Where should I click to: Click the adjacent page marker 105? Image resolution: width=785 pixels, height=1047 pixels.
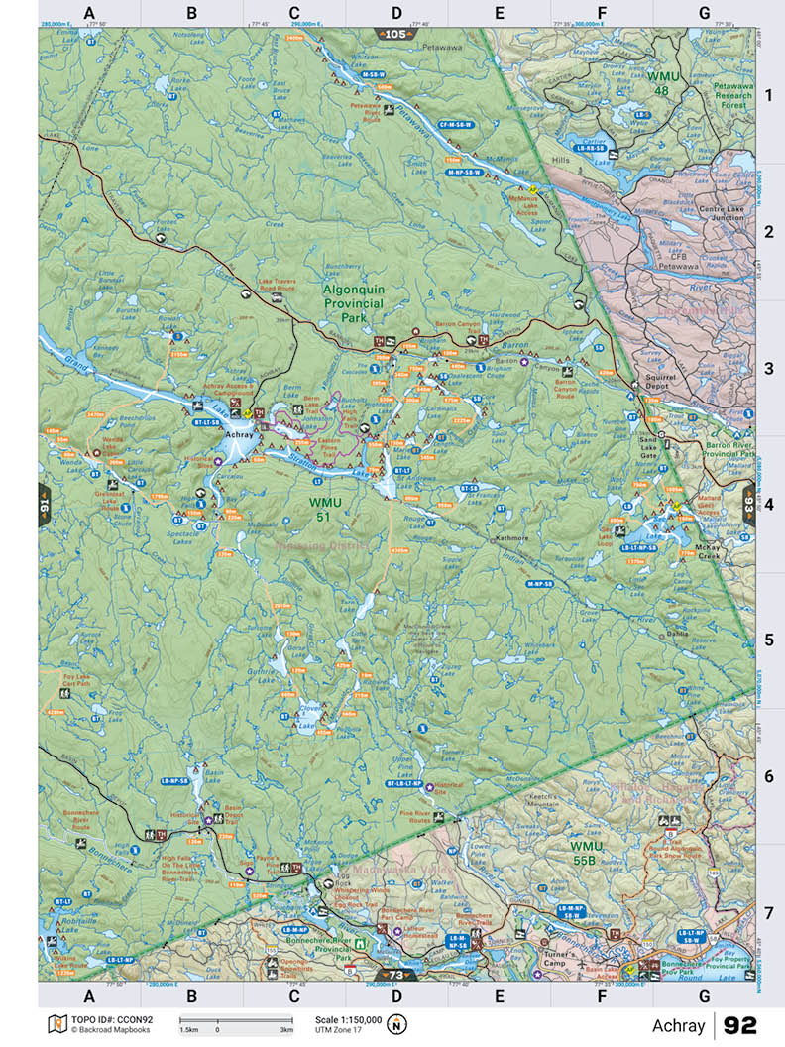[396, 34]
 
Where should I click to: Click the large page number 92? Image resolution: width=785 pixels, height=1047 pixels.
[740, 1025]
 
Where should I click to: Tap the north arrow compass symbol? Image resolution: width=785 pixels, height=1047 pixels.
[397, 1024]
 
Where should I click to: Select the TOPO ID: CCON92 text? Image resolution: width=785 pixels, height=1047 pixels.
[111, 1018]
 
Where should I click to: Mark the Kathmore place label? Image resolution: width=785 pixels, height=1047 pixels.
[514, 538]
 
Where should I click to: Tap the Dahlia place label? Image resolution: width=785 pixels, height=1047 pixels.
[677, 633]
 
